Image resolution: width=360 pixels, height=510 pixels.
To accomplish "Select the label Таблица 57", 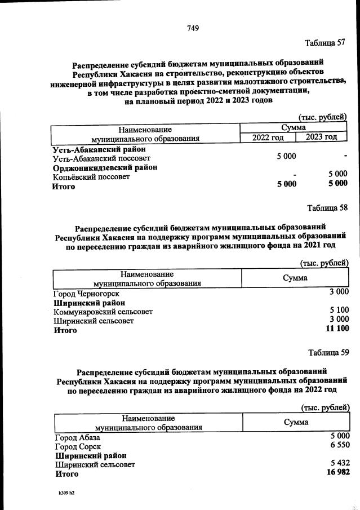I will point(325,43).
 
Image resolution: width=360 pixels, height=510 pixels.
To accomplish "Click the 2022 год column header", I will point(268,138).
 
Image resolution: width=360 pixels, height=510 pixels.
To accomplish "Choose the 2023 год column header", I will point(321,137).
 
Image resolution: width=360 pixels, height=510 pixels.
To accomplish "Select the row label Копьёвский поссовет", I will point(91,177).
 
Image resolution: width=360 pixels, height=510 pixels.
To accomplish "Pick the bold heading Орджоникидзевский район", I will point(105,168).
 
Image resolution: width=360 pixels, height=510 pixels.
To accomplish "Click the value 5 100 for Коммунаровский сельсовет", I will point(339,311).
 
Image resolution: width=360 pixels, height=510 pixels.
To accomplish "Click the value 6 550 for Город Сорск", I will point(340,446).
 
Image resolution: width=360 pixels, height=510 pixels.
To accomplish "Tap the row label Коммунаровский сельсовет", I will point(103,312).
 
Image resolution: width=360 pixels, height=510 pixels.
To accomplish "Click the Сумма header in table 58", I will point(295,278).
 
